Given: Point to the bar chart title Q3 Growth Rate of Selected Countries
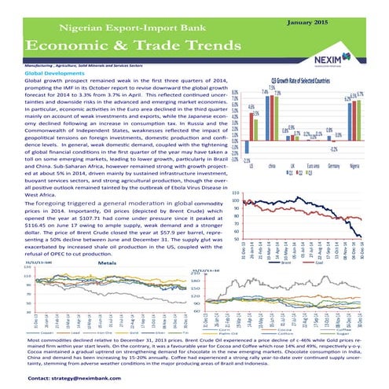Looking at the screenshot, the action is pyautogui.click(x=300, y=81).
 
